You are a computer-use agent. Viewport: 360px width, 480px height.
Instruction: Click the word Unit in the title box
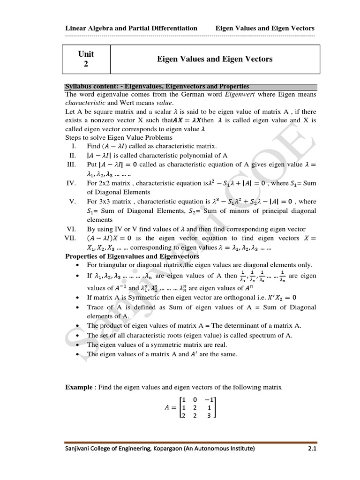(x=86, y=54)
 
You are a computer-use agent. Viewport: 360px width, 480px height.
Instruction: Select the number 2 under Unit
(x=86, y=64)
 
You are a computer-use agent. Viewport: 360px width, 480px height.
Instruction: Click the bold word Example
(x=80, y=387)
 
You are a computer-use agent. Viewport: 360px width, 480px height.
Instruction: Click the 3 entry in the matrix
(x=209, y=415)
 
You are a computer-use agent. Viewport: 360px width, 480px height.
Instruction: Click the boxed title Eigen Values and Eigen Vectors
(x=214, y=59)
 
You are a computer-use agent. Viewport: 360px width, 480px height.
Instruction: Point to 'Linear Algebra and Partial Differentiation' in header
(x=131, y=28)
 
